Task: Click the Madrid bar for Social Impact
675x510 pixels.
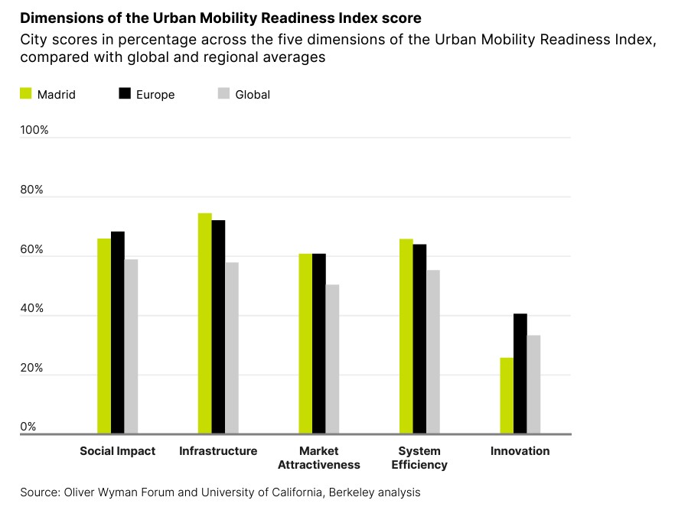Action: pos(104,336)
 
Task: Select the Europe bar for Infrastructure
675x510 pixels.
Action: pos(218,327)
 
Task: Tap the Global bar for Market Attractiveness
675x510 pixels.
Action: pos(332,359)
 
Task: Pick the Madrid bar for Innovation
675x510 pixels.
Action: pos(507,396)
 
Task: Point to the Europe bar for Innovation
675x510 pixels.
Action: pos(520,374)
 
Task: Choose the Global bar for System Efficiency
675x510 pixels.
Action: pos(433,352)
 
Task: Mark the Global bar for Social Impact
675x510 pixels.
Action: pos(131,347)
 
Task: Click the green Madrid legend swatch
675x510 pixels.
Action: pos(25,94)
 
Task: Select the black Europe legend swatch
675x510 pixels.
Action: pos(125,94)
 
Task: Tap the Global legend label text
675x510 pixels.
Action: pos(253,95)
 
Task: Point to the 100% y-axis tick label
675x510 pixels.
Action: pos(34,130)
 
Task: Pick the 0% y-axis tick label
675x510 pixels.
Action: pos(28,427)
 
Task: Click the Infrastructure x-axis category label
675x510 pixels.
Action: pos(218,451)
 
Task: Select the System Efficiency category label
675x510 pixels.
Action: pos(419,458)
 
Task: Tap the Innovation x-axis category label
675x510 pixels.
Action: pos(520,451)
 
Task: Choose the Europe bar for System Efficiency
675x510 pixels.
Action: pos(420,339)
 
